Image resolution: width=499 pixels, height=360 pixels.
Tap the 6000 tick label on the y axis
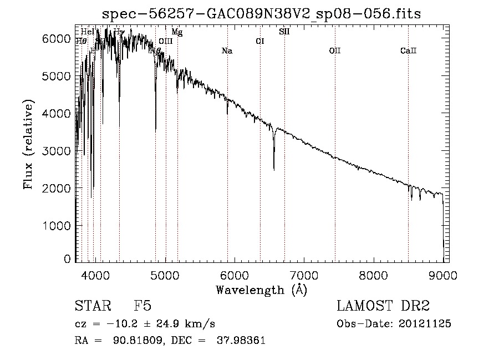[56, 38]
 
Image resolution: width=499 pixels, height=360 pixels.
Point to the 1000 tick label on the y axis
[56, 226]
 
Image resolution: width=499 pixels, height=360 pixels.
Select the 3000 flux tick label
[56, 151]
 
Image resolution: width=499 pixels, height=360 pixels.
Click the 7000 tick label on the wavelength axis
[304, 275]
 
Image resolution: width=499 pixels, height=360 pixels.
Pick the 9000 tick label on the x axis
[443, 275]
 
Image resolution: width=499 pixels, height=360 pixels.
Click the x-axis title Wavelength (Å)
[261, 290]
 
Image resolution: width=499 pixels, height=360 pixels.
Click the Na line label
[227, 51]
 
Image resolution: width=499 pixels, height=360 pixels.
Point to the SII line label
[284, 32]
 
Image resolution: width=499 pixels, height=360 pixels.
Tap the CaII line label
[408, 51]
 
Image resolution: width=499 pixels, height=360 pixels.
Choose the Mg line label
[177, 32]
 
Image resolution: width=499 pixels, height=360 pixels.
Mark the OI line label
[259, 41]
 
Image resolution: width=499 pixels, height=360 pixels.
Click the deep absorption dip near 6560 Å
[274, 166]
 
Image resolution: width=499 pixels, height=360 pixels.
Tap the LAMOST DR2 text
[383, 306]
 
